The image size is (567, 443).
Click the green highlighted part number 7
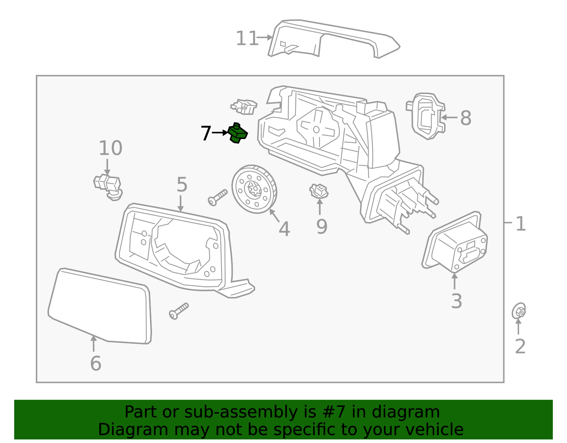click(237, 133)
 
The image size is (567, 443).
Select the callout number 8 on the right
click(466, 118)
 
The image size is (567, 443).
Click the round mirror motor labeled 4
click(254, 189)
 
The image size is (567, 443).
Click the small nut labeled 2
click(519, 312)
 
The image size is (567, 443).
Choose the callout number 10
click(110, 148)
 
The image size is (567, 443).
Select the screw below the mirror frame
click(179, 311)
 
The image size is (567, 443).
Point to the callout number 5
click(182, 185)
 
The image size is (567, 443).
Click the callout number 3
click(456, 301)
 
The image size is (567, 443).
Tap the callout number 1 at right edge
click(520, 224)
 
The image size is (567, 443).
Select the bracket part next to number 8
click(426, 116)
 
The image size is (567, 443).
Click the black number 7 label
click(206, 133)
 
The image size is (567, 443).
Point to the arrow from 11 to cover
click(265, 37)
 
